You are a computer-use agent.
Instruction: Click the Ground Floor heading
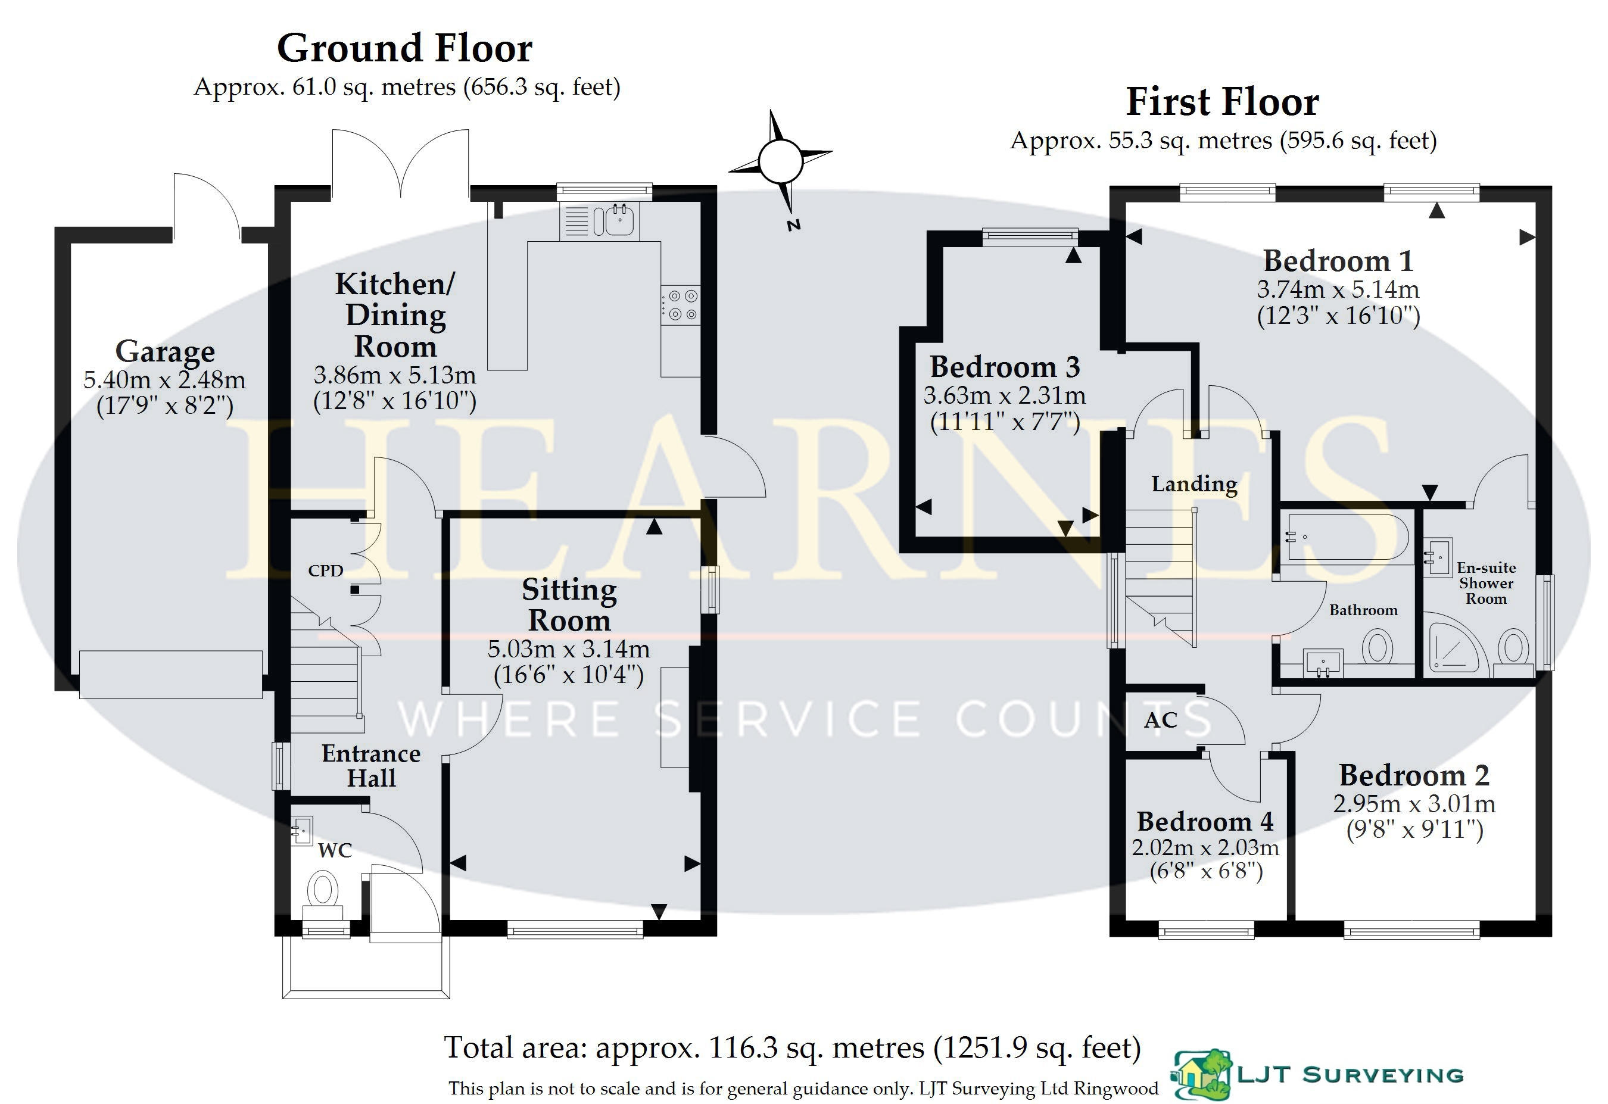coord(405,48)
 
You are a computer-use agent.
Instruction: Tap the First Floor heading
coord(1223,102)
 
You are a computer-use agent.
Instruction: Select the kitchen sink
coord(620,219)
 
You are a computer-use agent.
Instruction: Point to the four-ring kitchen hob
coord(680,305)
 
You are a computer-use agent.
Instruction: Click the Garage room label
coord(165,351)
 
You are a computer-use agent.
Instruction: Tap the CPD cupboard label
coord(325,570)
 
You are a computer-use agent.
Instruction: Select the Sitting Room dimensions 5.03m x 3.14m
coord(569,649)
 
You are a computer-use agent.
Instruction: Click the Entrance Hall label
coord(371,765)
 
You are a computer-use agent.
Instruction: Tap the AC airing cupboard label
coord(1160,720)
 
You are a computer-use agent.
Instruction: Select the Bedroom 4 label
coord(1205,822)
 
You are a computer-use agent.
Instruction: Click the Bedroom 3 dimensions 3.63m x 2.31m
coord(1005,395)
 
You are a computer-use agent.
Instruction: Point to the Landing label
coord(1194,484)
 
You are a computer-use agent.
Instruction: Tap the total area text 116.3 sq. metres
coord(792,1047)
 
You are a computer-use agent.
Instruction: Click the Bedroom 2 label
coord(1414,775)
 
